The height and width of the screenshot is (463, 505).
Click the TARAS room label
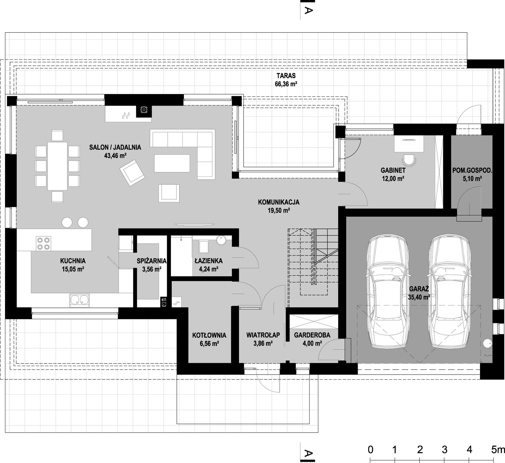coord(286,76)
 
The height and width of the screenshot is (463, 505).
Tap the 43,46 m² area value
coord(115,156)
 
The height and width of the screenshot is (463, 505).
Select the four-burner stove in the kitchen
coord(43,243)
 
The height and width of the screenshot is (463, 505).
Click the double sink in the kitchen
coord(79,300)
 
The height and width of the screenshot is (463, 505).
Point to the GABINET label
coord(393,170)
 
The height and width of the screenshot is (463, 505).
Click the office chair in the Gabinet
coord(409,160)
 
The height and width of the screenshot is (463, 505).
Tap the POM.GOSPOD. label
coord(472,171)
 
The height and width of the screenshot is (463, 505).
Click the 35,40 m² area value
coord(419,297)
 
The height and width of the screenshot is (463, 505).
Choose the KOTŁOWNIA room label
coord(209,335)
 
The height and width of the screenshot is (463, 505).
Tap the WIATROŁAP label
coord(263,335)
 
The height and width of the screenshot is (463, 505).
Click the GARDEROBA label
coord(312,335)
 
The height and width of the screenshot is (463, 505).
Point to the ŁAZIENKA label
coord(209,261)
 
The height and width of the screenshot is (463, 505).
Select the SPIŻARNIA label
coord(151,261)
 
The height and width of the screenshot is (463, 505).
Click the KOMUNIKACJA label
coord(279,202)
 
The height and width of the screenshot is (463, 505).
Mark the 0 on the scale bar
coord(370,450)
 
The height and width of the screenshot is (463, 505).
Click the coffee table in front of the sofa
coord(172,163)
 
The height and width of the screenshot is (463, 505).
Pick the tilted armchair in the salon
coord(132,173)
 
